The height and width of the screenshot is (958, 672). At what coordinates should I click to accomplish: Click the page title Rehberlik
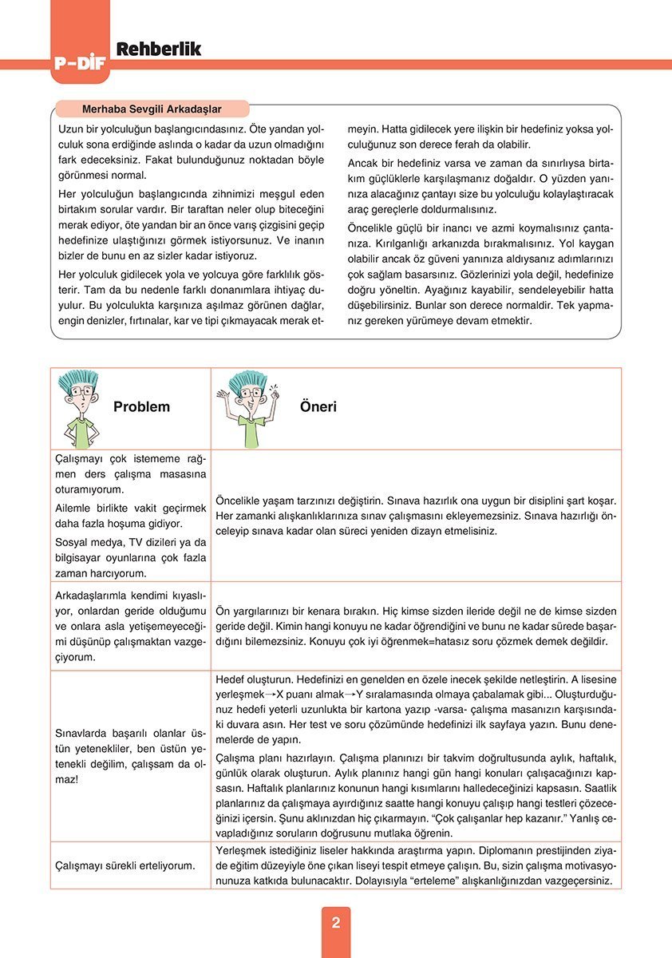pos(159,49)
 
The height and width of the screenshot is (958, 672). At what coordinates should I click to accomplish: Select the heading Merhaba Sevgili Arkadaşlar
pos(152,109)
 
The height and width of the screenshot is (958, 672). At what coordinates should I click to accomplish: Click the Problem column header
pos(141,406)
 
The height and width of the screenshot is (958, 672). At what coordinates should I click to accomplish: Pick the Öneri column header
pos(318,406)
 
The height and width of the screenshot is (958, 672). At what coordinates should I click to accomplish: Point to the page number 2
pos(336,923)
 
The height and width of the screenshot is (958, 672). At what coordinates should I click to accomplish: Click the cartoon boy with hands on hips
pos(79,407)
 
